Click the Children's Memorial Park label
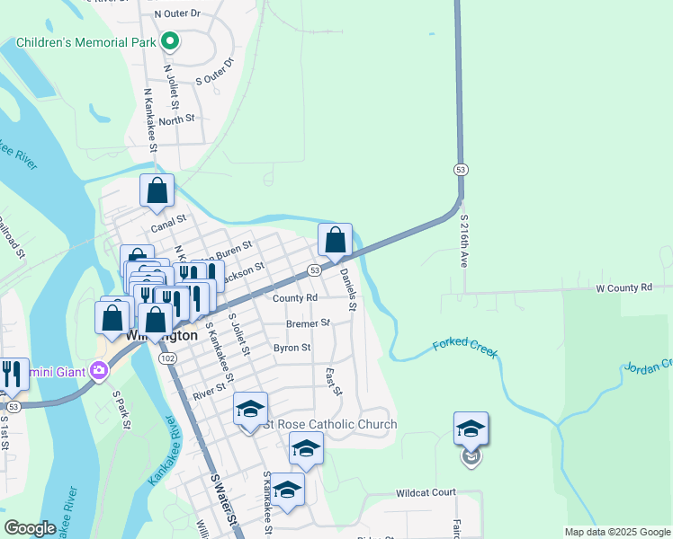tap(85, 42)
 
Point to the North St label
tap(176, 119)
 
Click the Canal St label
tap(167, 218)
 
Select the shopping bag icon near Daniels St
tap(335, 240)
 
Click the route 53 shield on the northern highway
tap(461, 169)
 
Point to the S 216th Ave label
tap(465, 242)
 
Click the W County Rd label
tap(624, 288)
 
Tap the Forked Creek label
tap(465, 349)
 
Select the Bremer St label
tap(308, 323)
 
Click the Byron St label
tap(292, 348)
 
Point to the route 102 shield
tap(166, 357)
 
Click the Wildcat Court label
tap(426, 493)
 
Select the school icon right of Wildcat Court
tap(471, 429)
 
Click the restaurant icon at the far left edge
tap(13, 374)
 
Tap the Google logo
tap(30, 527)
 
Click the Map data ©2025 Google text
tap(616, 532)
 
